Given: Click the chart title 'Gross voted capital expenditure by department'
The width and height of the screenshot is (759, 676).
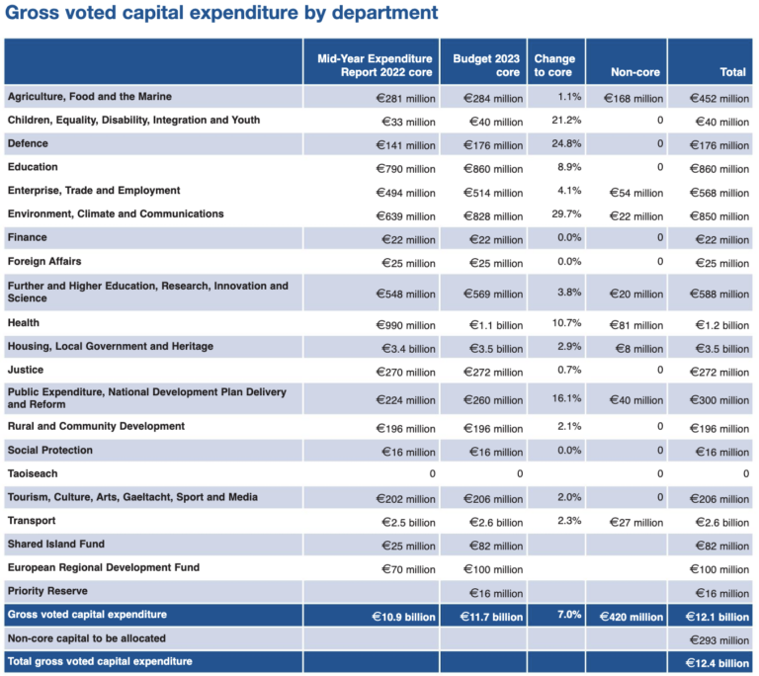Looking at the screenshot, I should [220, 14].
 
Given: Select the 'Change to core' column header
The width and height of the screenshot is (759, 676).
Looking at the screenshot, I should [554, 65].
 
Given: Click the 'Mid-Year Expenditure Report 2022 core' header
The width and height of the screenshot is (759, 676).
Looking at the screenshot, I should [375, 65].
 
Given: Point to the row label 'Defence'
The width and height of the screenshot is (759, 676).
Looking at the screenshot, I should [28, 143].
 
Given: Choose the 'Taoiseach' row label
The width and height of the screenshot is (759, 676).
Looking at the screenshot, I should [33, 473].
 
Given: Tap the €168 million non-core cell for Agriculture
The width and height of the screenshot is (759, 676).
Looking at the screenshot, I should [633, 98].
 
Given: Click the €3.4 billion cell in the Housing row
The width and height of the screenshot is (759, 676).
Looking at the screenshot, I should [407, 348].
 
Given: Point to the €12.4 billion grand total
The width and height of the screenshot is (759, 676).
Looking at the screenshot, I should [717, 663].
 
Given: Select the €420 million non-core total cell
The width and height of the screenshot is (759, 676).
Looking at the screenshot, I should [630, 617].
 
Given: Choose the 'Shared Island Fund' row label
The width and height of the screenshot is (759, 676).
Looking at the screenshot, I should [55, 545].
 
